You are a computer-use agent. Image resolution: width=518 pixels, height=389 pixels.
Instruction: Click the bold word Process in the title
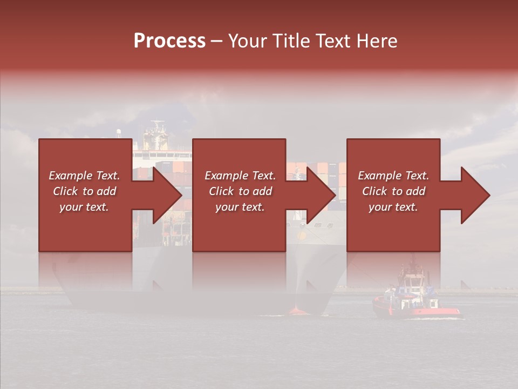[x=169, y=41]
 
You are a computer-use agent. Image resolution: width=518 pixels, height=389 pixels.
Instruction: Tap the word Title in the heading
[x=291, y=41]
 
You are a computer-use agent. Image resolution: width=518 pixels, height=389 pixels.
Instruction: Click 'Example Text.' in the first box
[x=84, y=176]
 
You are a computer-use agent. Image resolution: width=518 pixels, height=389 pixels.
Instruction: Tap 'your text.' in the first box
[x=84, y=207]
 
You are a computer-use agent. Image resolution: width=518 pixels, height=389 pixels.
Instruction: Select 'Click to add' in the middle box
[x=240, y=191]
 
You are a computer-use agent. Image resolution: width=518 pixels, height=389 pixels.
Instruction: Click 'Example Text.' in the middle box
[x=240, y=176]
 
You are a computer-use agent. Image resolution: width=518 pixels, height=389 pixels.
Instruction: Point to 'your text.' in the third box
[x=393, y=207]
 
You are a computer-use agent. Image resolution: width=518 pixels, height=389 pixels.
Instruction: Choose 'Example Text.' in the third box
[x=393, y=176]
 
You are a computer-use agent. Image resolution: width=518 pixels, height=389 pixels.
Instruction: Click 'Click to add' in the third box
[x=393, y=191]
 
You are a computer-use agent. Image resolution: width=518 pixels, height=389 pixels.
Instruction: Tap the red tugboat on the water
[x=415, y=303]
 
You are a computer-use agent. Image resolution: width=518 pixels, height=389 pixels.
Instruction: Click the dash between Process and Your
[x=217, y=42]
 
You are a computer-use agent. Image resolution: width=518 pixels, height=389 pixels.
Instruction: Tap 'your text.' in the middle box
[x=240, y=207]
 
